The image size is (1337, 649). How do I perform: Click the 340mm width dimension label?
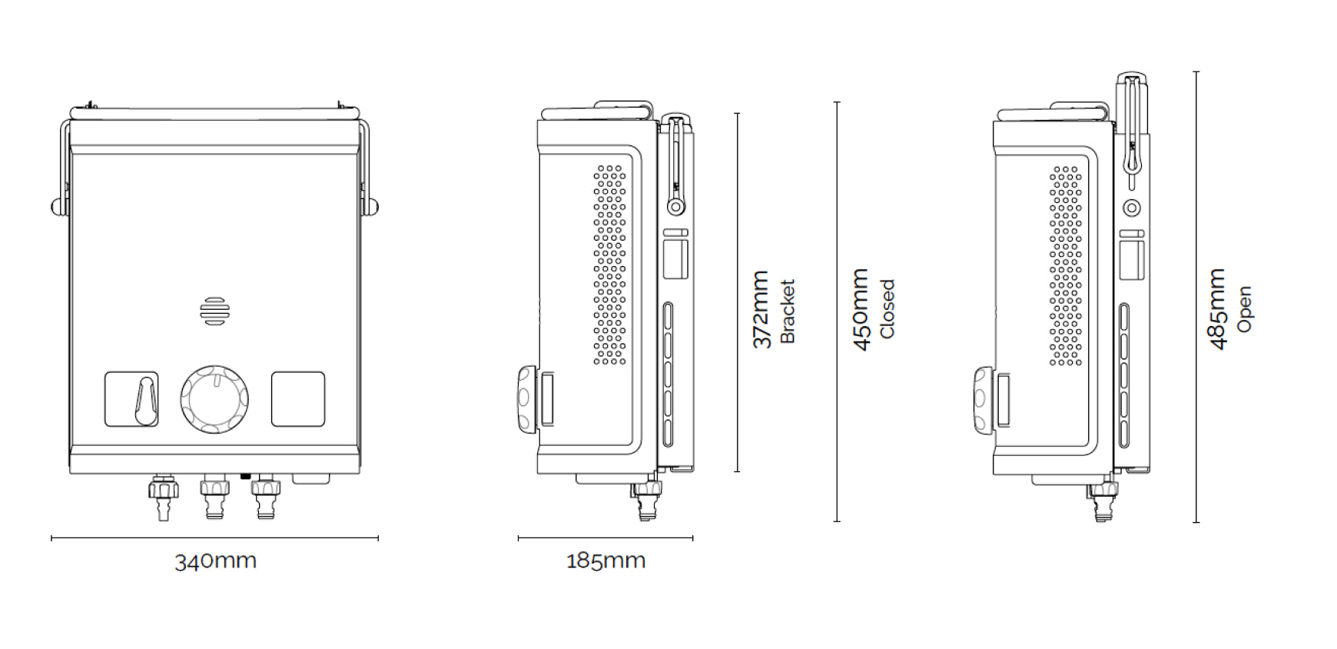tap(215, 561)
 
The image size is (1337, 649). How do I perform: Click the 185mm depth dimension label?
tap(605, 561)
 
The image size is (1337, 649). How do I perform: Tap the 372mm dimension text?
tap(761, 309)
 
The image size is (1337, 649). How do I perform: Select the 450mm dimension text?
tap(862, 309)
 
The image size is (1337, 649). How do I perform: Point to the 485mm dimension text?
tap(1217, 309)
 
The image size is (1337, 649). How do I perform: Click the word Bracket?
tap(788, 311)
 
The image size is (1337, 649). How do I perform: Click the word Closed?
tap(887, 309)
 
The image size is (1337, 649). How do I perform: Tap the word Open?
tap(1245, 309)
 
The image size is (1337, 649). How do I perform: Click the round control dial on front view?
tap(214, 399)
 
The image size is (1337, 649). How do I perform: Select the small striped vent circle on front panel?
tap(214, 311)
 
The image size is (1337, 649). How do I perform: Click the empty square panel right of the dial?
tap(298, 399)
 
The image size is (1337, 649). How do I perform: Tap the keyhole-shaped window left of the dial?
tap(131, 399)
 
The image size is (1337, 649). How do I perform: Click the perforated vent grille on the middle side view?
tap(609, 265)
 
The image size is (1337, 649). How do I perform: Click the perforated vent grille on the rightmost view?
tap(1066, 265)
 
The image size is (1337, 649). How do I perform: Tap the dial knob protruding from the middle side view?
tap(525, 398)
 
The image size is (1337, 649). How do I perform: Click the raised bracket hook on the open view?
tap(1131, 123)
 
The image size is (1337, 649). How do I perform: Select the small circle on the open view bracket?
tap(1131, 208)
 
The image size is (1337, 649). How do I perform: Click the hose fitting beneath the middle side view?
tap(647, 500)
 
